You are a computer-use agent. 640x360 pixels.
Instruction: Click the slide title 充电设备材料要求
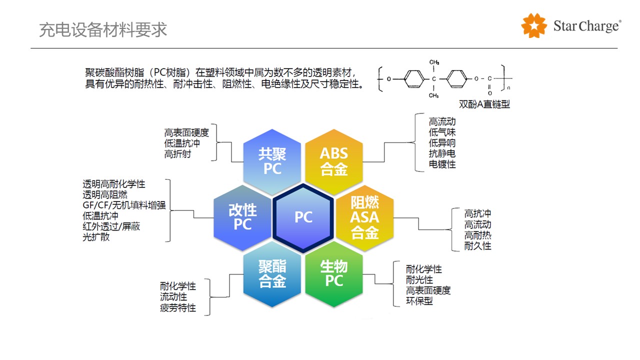[x=103, y=30]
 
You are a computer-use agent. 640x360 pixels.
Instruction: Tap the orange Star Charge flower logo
[x=534, y=25]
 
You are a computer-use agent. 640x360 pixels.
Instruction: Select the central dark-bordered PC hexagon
[x=303, y=217]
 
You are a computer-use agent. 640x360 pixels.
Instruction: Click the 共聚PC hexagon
[x=272, y=161]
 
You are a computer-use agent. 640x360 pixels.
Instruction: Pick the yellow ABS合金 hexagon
[x=334, y=161]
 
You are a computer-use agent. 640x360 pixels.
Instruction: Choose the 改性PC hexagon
[x=242, y=217]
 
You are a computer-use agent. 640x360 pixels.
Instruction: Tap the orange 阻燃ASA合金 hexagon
[x=364, y=217]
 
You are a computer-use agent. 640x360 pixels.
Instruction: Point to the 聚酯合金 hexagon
[x=272, y=274]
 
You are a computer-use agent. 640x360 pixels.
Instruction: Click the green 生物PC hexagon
[x=334, y=273]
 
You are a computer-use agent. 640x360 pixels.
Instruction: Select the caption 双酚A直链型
[x=484, y=104]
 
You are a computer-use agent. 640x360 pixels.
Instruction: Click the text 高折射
[x=177, y=154]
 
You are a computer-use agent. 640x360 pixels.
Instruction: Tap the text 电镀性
[x=442, y=164]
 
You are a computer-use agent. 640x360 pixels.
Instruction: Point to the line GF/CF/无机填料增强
[x=124, y=205]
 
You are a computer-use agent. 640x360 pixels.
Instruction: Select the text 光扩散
[x=96, y=237]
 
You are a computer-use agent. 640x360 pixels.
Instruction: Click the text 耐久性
[x=477, y=246]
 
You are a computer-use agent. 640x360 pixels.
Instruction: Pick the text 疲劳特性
[x=178, y=308]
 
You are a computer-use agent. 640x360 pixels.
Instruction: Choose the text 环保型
[x=419, y=301]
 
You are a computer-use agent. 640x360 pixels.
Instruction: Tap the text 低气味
[x=442, y=132]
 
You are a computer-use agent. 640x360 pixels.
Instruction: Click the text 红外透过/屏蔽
[x=111, y=226]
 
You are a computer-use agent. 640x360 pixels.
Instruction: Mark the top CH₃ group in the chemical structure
[x=434, y=62]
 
